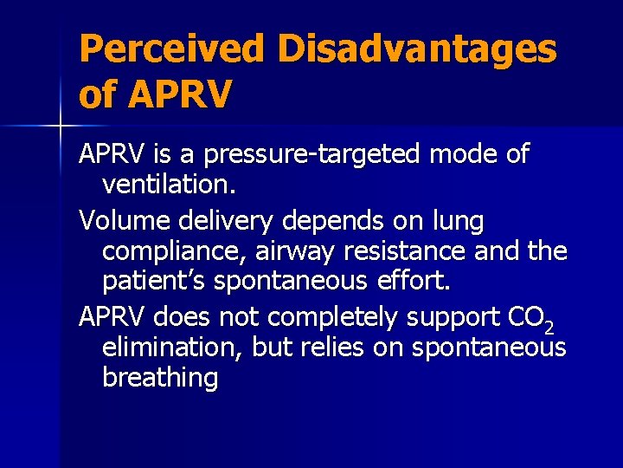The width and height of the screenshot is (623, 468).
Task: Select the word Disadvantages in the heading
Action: [417, 49]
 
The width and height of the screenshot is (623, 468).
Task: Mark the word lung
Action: [459, 222]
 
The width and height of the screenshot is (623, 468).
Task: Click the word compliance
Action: [170, 252]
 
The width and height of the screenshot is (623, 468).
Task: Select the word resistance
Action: [409, 251]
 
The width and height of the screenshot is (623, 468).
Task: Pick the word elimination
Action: [172, 348]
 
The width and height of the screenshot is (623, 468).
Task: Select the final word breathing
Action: [160, 378]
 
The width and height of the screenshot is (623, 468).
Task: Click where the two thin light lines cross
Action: [60, 127]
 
